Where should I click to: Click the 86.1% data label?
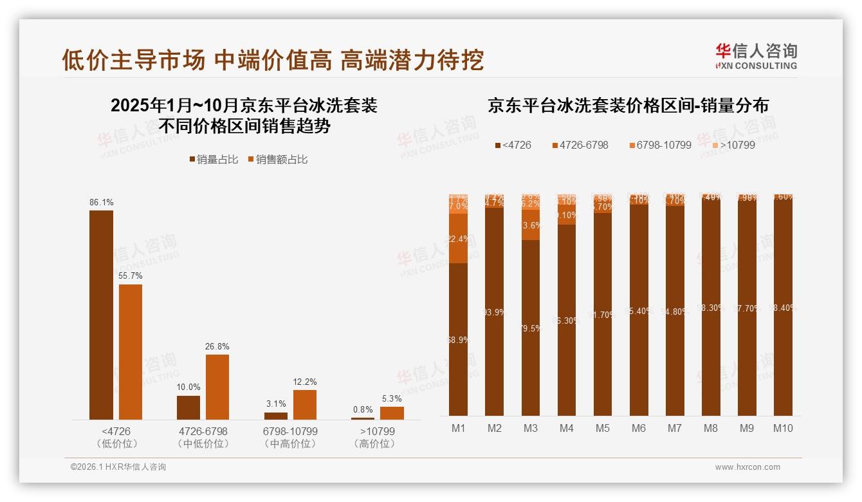pyautogui.click(x=101, y=202)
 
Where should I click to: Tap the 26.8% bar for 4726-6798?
pyautogui.click(x=217, y=387)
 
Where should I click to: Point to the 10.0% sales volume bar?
pyautogui.click(x=188, y=407)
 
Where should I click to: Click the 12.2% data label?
pyautogui.click(x=304, y=382)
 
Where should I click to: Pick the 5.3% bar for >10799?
pyautogui.click(x=392, y=413)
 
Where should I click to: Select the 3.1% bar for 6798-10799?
pyautogui.click(x=276, y=416)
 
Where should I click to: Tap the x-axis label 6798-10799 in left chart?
pyautogui.click(x=290, y=431)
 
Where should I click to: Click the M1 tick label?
pyautogui.click(x=458, y=429)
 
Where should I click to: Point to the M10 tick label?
pyautogui.click(x=783, y=429)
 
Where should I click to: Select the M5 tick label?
pyautogui.click(x=602, y=429)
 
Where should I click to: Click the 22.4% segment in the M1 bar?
pyautogui.click(x=458, y=239)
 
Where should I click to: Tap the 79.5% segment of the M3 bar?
pyautogui.click(x=530, y=328)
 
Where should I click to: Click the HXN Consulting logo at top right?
pyautogui.click(x=756, y=55)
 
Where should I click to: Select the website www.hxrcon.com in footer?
pyautogui.click(x=747, y=467)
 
